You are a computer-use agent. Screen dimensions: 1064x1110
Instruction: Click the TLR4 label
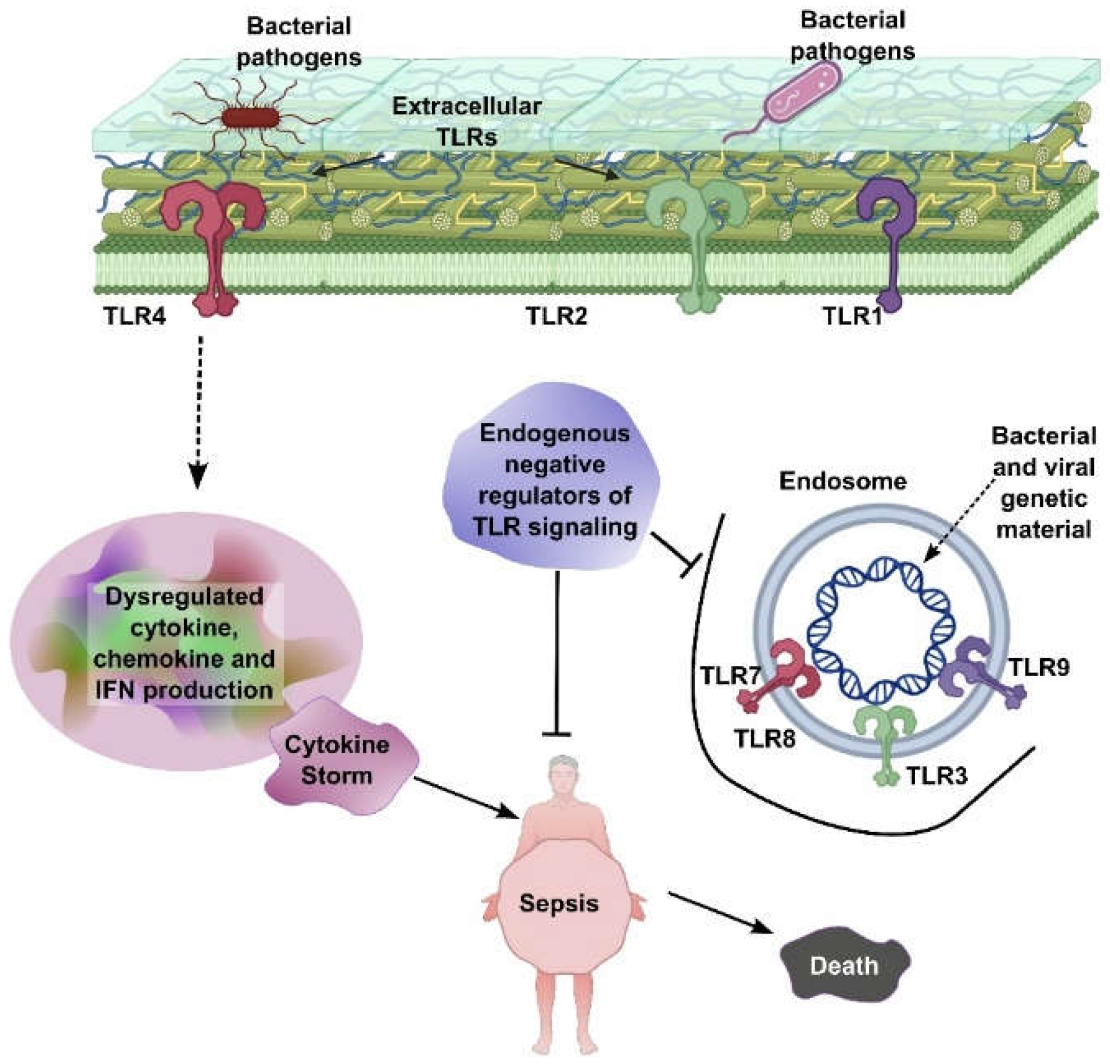[x=134, y=316]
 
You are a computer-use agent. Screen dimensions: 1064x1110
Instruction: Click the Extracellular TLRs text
[x=467, y=121]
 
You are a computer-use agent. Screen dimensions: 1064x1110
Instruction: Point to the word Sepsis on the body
[x=559, y=903]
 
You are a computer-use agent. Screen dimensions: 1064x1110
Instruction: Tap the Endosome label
[x=842, y=481]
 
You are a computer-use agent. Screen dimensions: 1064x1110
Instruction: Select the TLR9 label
[x=1038, y=668]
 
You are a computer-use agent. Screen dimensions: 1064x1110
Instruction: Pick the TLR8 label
[x=764, y=739]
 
